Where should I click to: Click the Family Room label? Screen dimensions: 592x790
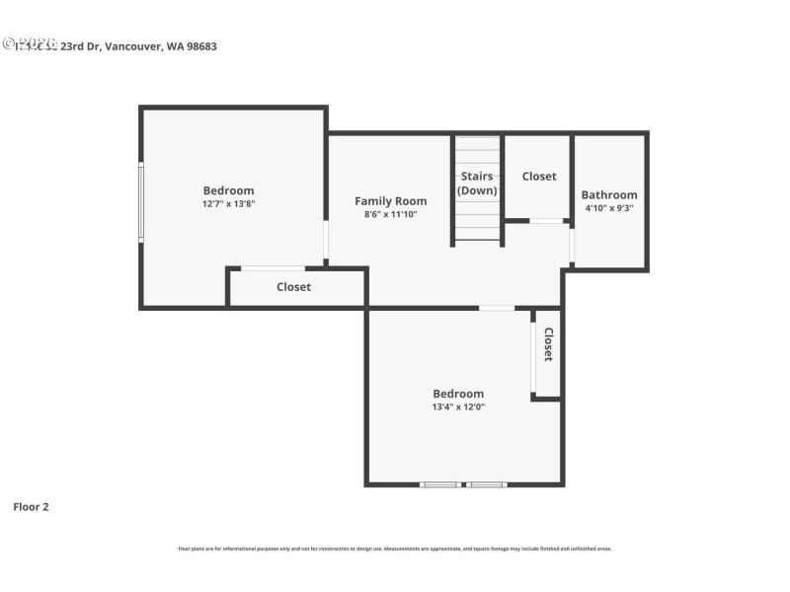[391, 201]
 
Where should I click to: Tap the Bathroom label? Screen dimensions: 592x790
[608, 195]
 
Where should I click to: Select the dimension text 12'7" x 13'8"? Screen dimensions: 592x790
[228, 203]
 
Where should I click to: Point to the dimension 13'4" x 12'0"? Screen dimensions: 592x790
[457, 407]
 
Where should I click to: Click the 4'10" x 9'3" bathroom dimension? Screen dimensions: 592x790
[608, 208]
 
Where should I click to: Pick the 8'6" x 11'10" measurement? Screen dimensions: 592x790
[391, 214]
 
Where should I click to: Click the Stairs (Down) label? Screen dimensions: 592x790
[477, 184]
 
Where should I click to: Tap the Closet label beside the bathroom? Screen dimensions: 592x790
[539, 177]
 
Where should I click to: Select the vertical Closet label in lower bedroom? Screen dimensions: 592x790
[548, 344]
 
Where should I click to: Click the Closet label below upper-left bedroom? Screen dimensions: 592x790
[293, 287]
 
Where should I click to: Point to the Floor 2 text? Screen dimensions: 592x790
[31, 507]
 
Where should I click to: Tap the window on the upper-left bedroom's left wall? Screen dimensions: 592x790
[141, 202]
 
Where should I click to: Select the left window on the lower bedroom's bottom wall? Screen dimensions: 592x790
[440, 484]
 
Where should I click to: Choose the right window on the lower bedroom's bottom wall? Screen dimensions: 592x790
[486, 484]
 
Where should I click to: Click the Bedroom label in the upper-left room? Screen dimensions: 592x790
[228, 190]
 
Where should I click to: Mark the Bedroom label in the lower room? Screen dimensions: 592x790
[457, 394]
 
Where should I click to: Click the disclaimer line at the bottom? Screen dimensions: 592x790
[394, 549]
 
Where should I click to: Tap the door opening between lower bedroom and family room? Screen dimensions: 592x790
[497, 309]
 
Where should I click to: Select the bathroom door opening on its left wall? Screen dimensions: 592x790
[572, 245]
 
